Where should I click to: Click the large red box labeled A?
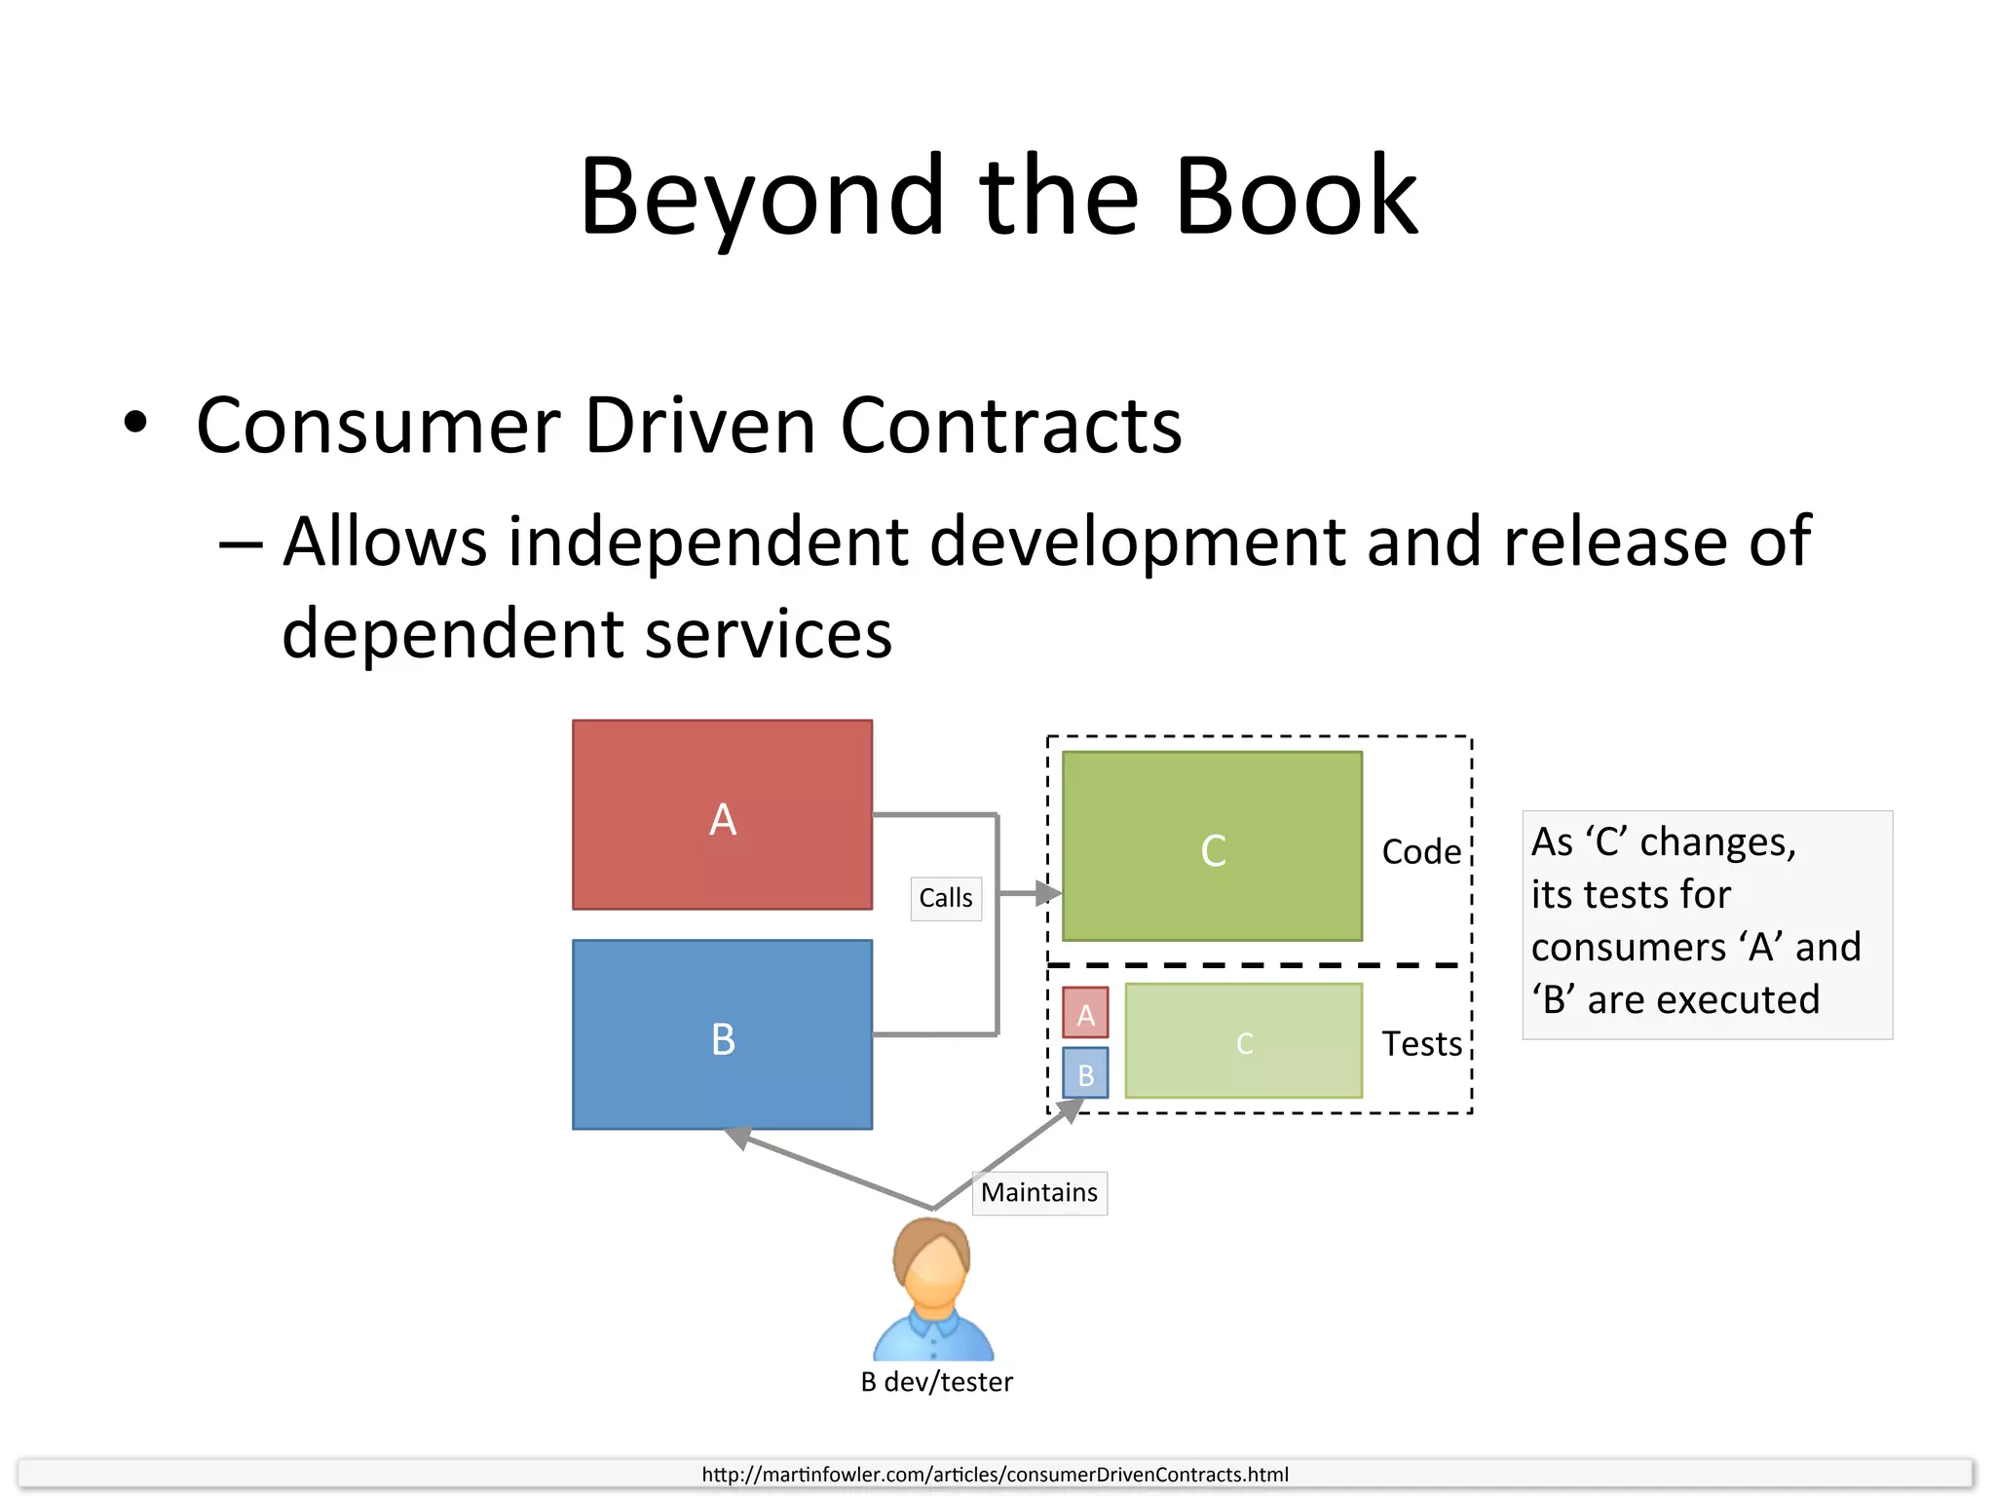click(x=722, y=814)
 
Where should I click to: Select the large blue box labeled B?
click(x=722, y=1034)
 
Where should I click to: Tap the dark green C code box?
click(x=1212, y=845)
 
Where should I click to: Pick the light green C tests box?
click(x=1243, y=1040)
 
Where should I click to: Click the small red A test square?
click(x=1085, y=1013)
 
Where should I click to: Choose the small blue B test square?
click(x=1085, y=1072)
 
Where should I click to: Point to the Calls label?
click(x=945, y=898)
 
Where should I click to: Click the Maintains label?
click(x=1038, y=1192)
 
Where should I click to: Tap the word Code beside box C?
click(x=1421, y=852)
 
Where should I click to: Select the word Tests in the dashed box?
click(x=1421, y=1044)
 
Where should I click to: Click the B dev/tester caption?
click(x=936, y=1382)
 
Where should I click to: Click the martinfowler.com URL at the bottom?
click(x=995, y=1475)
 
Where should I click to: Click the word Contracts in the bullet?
click(x=1010, y=427)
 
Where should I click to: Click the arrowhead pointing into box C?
click(x=1048, y=892)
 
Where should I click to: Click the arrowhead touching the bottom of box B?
click(x=737, y=1137)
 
